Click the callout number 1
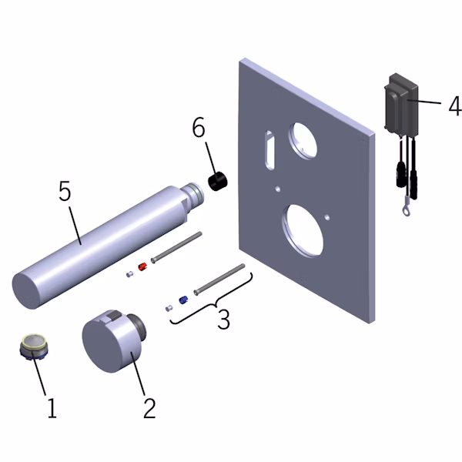click(x=52, y=407)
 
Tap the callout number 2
click(x=149, y=408)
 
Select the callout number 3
click(x=223, y=318)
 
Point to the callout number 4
click(x=455, y=105)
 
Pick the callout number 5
click(x=65, y=191)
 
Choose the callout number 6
click(x=199, y=127)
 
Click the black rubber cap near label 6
click(x=218, y=181)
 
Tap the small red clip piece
click(x=142, y=266)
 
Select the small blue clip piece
click(x=183, y=300)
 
